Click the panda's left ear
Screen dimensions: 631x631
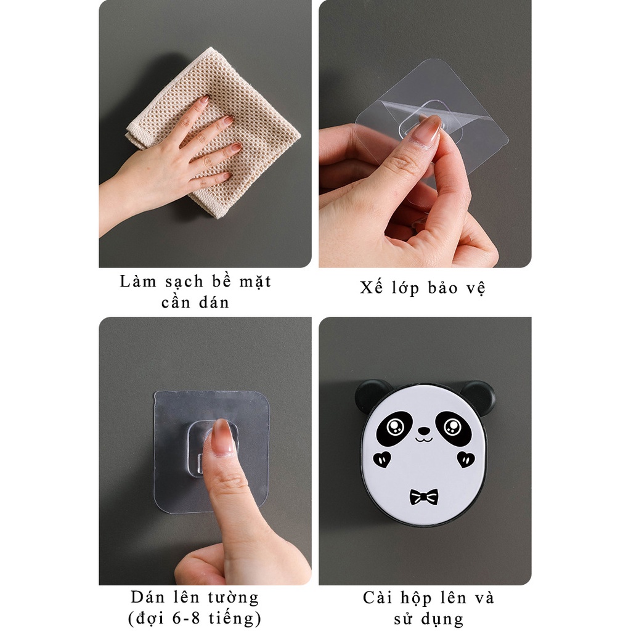click(369, 394)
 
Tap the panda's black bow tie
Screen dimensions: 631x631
click(424, 496)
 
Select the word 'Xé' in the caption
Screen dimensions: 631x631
click(370, 288)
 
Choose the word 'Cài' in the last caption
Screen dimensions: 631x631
click(377, 598)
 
